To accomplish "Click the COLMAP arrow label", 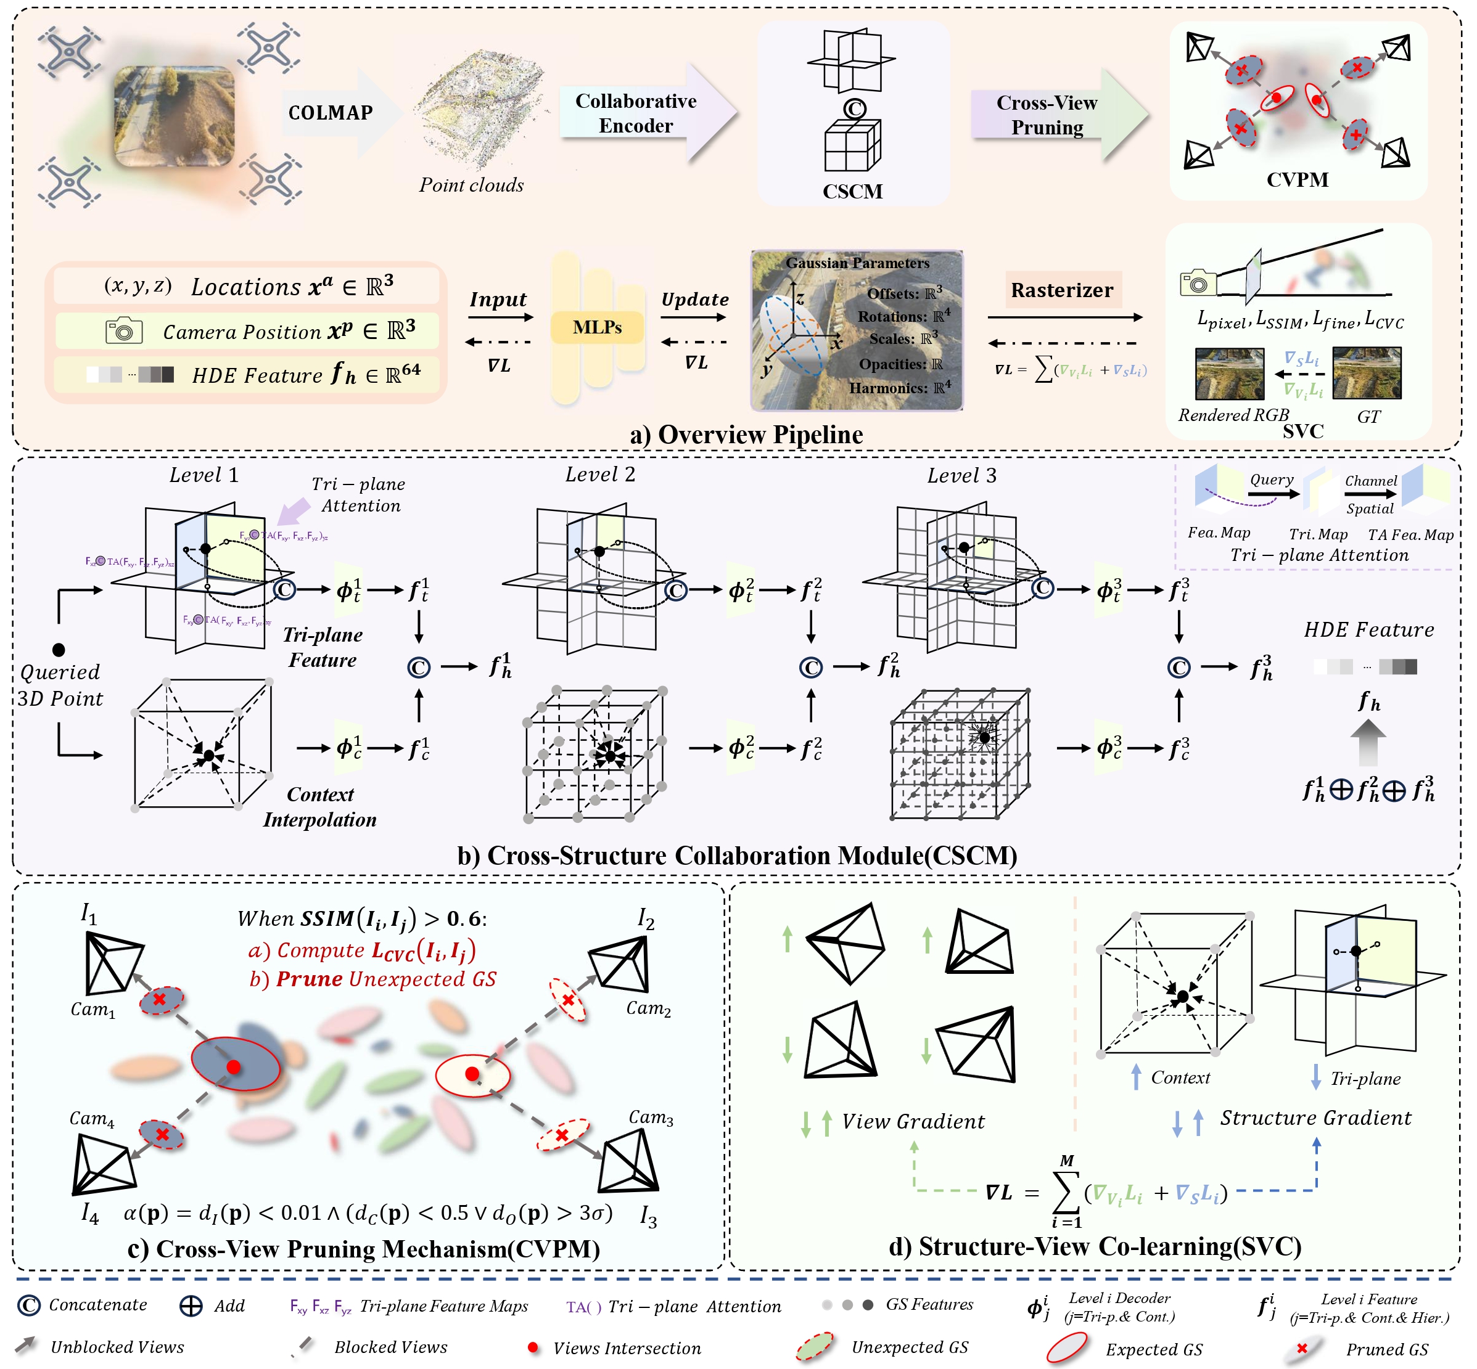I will click(331, 113).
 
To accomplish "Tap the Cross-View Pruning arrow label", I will click(1047, 115).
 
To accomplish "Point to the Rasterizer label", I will click(1061, 290).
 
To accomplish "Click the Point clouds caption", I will click(471, 185).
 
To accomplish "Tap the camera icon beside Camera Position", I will click(124, 330).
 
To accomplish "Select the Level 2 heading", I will click(600, 474).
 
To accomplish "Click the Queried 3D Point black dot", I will click(59, 650).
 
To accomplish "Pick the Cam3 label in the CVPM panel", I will click(651, 1117).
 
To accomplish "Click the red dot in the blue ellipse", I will click(234, 1067).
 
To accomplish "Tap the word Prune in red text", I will click(309, 979).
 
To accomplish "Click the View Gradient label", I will click(913, 1122).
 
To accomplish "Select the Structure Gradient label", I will click(1315, 1118).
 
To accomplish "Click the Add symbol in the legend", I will click(191, 1306).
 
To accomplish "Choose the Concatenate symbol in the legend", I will click(29, 1306).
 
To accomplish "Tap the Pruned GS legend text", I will click(1386, 1349).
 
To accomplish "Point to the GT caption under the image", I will click(1368, 417).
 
